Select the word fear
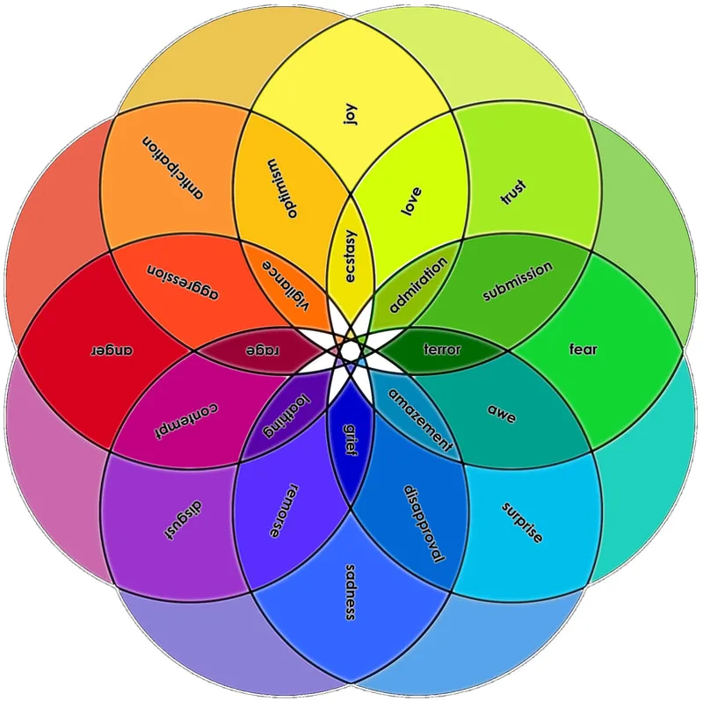point(583,350)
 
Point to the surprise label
point(522,522)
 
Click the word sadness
point(351,591)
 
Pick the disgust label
point(184,518)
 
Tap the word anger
point(112,350)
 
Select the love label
point(411,201)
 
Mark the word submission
point(518,281)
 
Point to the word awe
point(500,410)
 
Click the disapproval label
point(423,524)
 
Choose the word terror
point(441,350)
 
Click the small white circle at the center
point(350,350)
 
